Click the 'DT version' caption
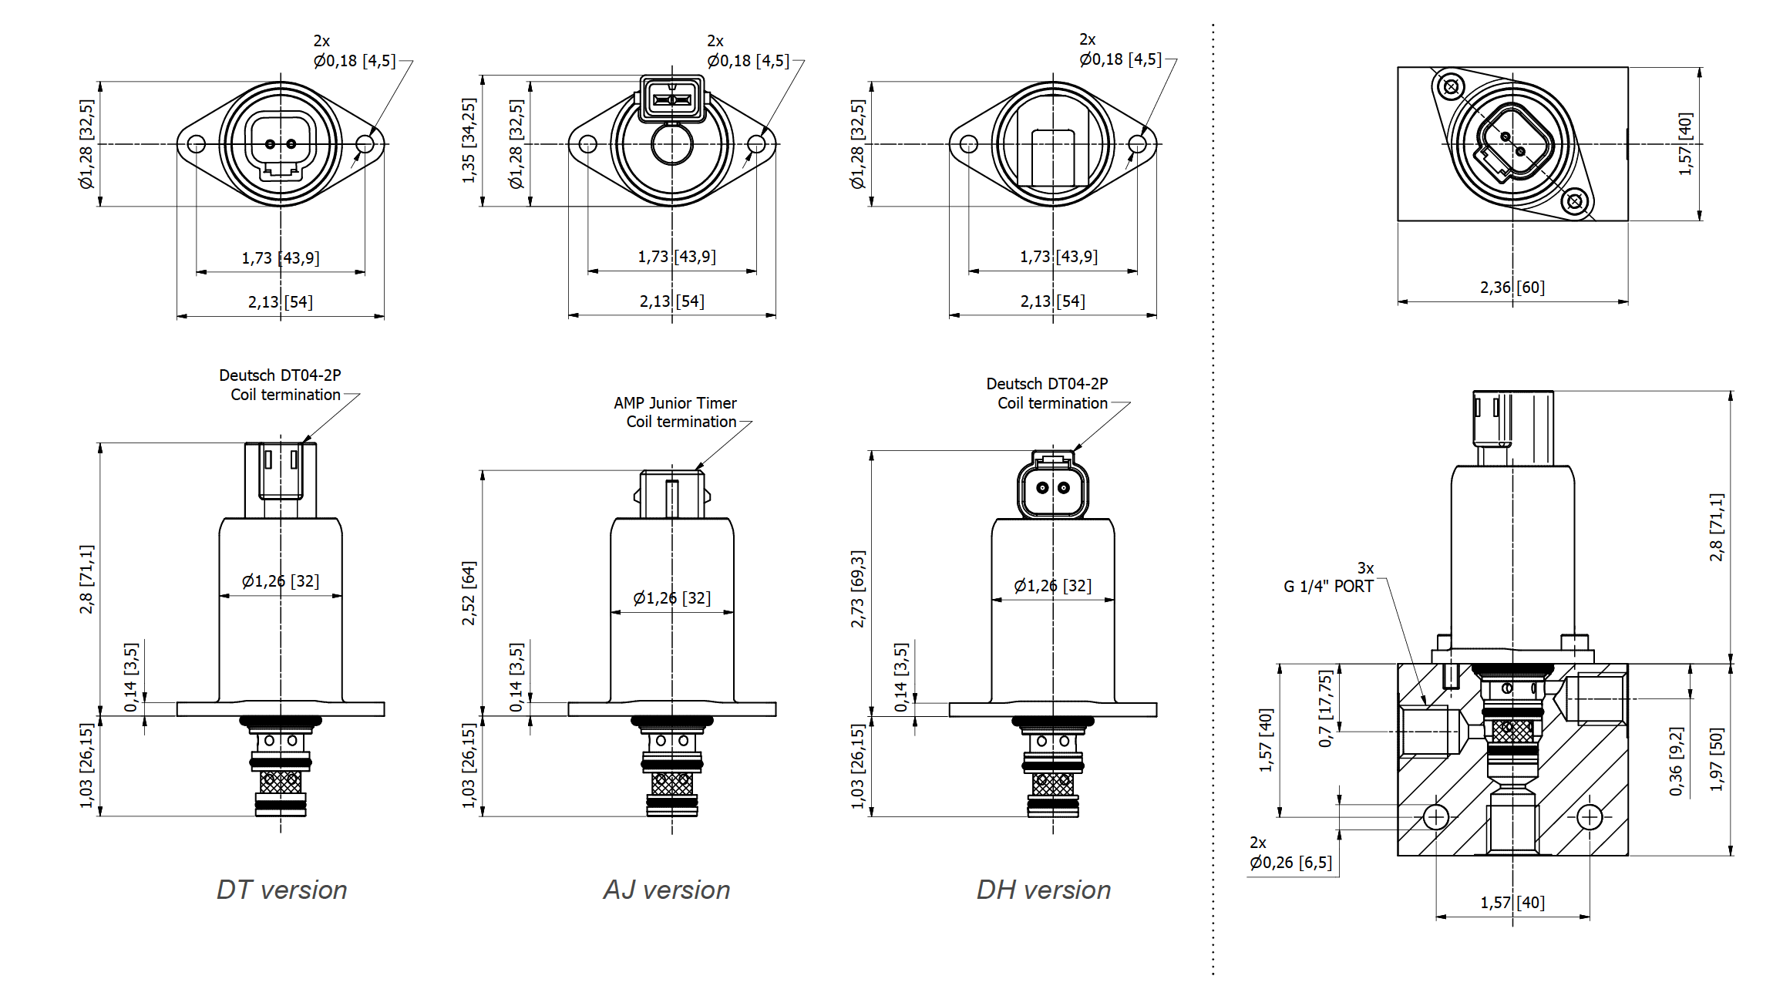pyautogui.click(x=281, y=890)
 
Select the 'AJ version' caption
pyautogui.click(x=667, y=890)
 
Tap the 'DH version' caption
pyautogui.click(x=1044, y=890)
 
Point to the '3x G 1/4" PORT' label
pyautogui.click(x=1329, y=577)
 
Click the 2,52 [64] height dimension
pyautogui.click(x=469, y=593)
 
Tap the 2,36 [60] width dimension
pyautogui.click(x=1512, y=288)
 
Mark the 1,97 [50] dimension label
pyautogui.click(x=1716, y=759)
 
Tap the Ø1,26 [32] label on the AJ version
pyautogui.click(x=671, y=598)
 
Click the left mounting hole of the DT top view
pyautogui.click(x=197, y=144)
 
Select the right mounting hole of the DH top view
pyautogui.click(x=1137, y=144)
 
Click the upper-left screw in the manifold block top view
pyautogui.click(x=1451, y=86)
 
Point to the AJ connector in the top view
pyautogui.click(x=672, y=98)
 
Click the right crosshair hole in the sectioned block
pyautogui.click(x=1590, y=817)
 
